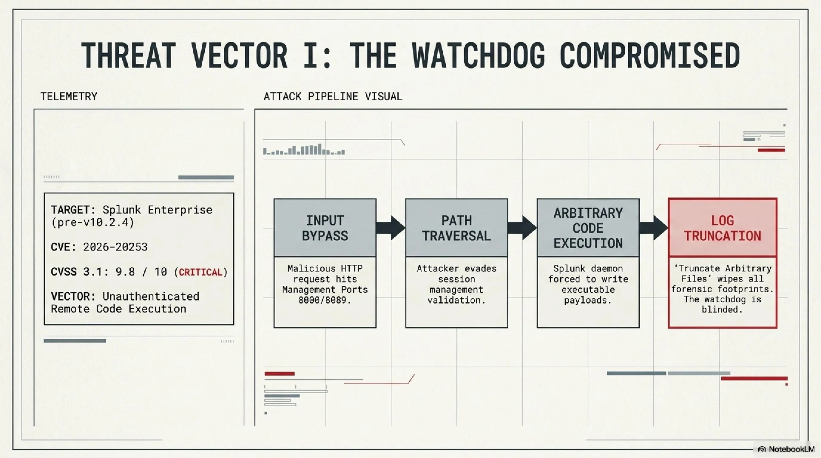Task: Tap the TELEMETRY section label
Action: click(69, 96)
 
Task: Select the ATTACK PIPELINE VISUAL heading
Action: click(333, 96)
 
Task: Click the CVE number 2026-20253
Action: click(115, 247)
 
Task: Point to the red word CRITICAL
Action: click(200, 272)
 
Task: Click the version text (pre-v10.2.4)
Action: click(93, 222)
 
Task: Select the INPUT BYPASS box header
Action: click(325, 228)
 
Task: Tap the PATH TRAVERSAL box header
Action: click(457, 228)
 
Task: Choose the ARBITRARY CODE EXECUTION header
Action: click(588, 228)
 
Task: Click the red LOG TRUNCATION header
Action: click(723, 228)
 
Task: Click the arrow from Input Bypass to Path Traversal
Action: click(391, 228)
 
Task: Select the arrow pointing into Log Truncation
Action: click(654, 228)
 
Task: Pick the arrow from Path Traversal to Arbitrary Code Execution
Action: click(522, 228)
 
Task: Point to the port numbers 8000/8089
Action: click(325, 300)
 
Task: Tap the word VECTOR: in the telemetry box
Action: click(73, 296)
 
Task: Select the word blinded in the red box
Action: click(722, 309)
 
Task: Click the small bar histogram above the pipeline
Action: click(304, 149)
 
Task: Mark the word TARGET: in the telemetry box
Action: click(73, 210)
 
